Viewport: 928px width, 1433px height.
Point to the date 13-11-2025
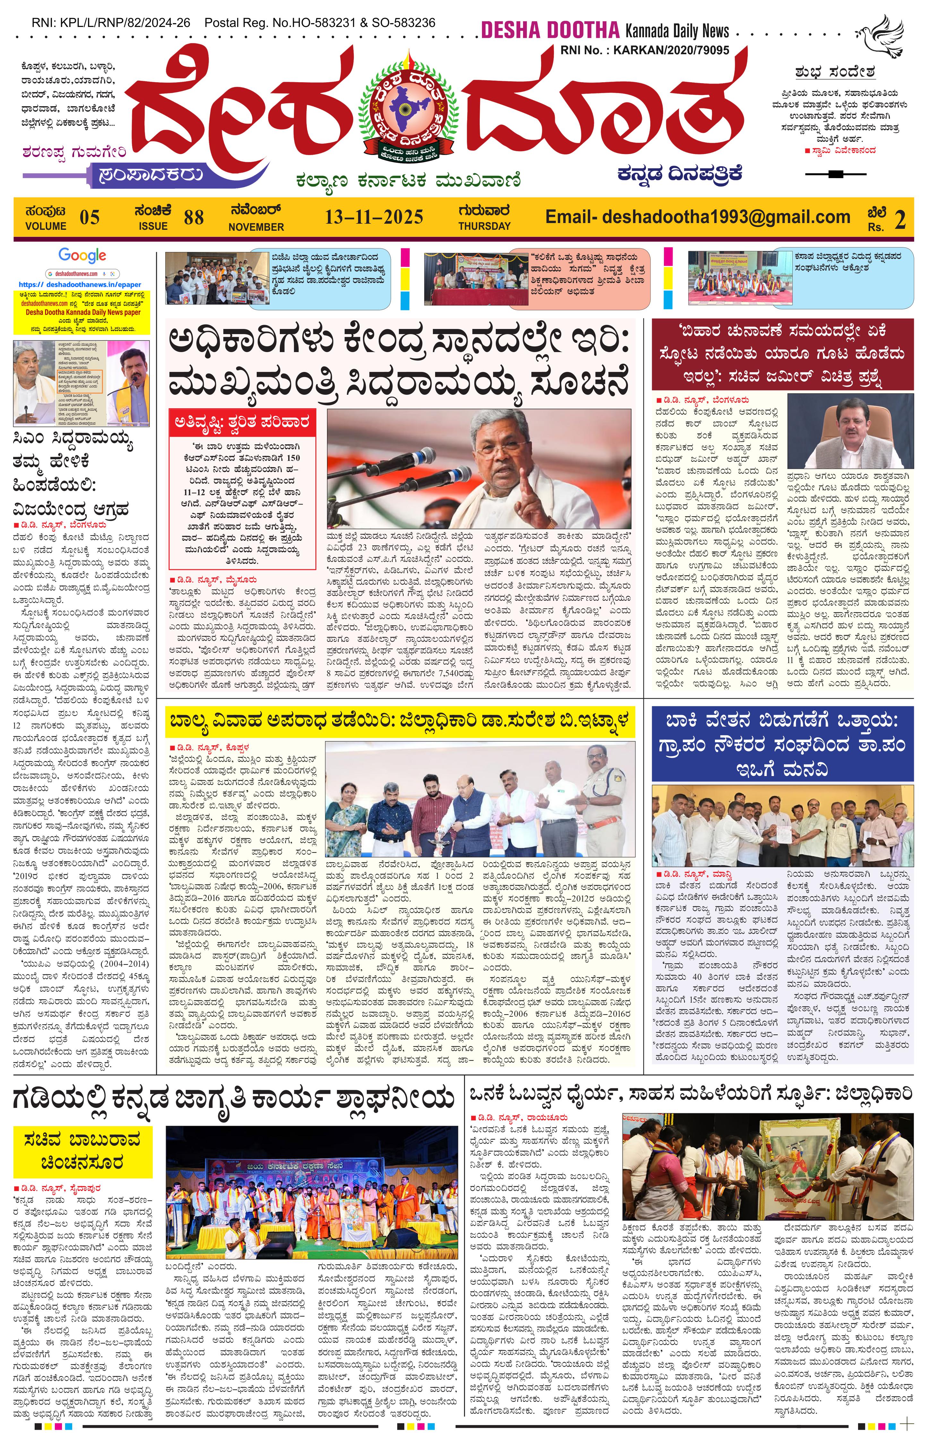[374, 217]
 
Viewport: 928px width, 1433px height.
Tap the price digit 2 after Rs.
[900, 220]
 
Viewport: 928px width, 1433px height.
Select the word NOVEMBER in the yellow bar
[256, 227]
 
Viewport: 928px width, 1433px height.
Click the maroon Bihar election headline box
[782, 354]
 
